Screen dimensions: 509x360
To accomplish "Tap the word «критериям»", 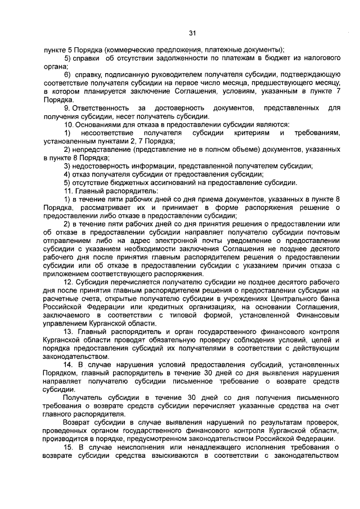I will (x=250, y=132).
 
